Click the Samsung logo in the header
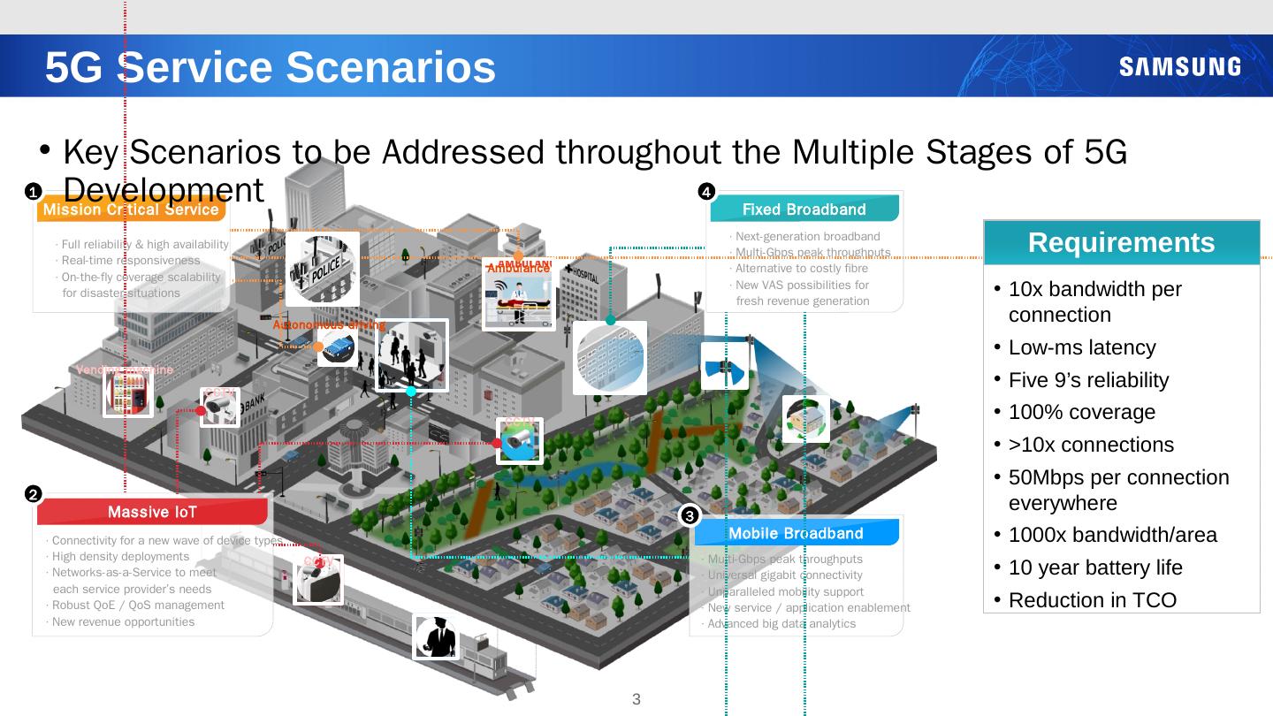tap(1179, 67)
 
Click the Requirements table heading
tap(1121, 242)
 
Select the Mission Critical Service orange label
tap(131, 209)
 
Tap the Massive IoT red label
tap(152, 512)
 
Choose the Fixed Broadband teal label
tap(804, 209)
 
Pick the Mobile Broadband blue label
tap(796, 533)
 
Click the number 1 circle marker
tap(32, 191)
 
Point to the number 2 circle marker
tap(32, 493)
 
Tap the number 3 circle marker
tap(690, 514)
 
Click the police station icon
tap(322, 269)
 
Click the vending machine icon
tap(128, 392)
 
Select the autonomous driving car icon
tap(338, 347)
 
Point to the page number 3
tap(636, 700)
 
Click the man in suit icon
tap(436, 636)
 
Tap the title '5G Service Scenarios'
tap(271, 67)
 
